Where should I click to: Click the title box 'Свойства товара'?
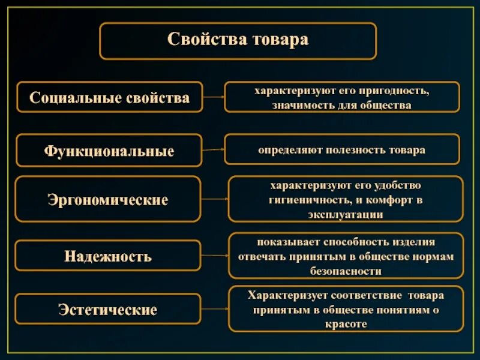[238, 41]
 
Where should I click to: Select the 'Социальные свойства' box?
[109, 97]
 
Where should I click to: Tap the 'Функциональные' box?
[109, 150]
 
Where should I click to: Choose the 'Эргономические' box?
[108, 199]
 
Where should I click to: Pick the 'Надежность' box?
[108, 256]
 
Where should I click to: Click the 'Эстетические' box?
[108, 310]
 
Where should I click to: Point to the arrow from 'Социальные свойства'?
[213, 97]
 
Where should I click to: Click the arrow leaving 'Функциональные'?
[213, 150]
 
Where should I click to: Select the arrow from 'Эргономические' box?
[214, 199]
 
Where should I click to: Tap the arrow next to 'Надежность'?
[214, 256]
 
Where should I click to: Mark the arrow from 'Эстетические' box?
[214, 310]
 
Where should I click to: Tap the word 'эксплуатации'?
[346, 214]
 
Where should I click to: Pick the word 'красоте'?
[346, 323]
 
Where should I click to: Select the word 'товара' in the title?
[281, 40]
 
